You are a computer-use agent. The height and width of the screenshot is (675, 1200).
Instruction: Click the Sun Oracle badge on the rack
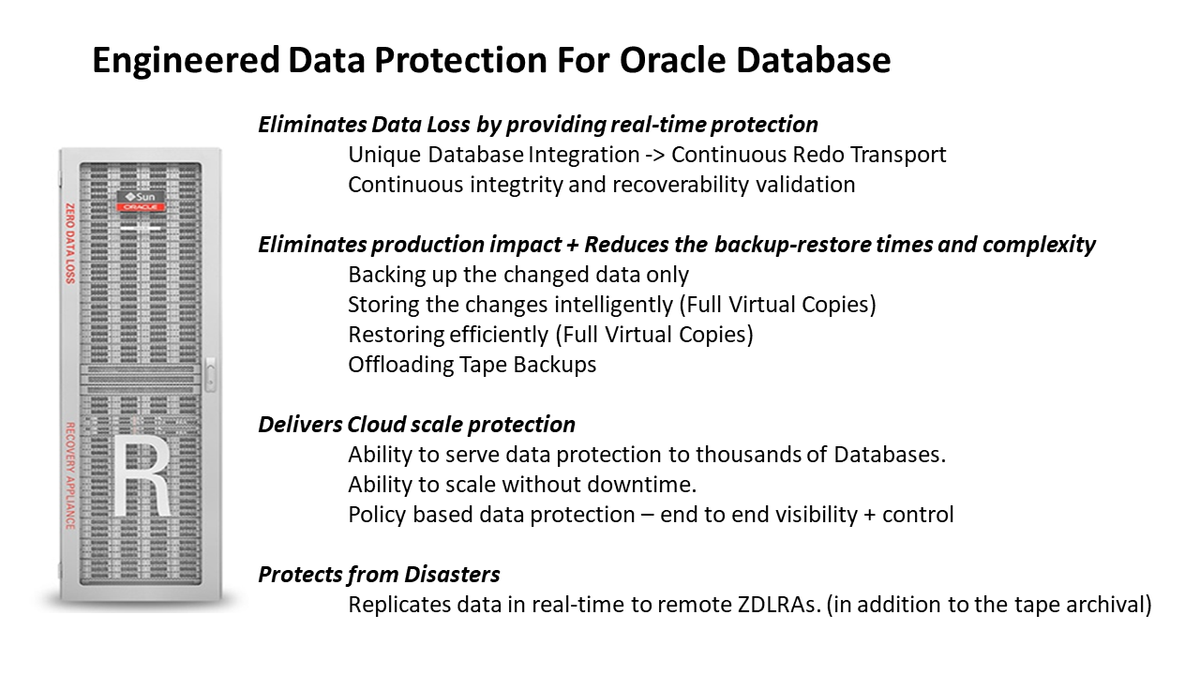140,201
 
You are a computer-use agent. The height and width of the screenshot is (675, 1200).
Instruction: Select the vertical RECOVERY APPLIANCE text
69,475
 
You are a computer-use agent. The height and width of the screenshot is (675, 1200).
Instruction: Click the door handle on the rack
210,377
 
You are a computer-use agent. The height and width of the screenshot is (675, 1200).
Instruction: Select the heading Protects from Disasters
379,575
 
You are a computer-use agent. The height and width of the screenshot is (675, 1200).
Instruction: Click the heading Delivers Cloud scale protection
416,425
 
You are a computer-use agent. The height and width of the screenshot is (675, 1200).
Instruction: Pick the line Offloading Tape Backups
472,365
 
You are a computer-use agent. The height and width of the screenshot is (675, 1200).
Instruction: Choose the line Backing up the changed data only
517,275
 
